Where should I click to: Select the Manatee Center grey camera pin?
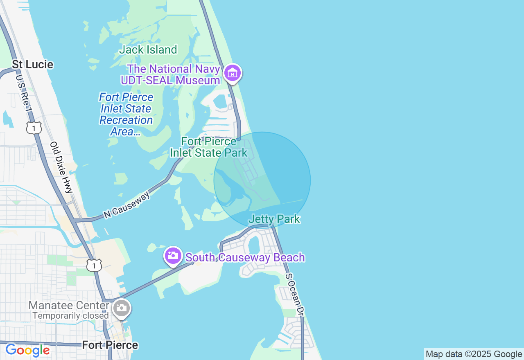[122, 308]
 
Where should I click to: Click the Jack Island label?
[148, 50]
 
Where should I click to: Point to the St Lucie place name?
[32, 64]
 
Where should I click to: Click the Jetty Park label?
[274, 219]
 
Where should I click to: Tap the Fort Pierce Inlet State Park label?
[209, 147]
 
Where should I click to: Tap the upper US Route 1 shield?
[34, 128]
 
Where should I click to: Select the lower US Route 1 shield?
[94, 265]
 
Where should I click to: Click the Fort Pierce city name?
[110, 345]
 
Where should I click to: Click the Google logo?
[27, 350]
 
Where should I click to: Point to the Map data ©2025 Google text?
[474, 354]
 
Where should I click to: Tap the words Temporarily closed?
[70, 316]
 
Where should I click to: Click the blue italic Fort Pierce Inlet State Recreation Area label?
[126, 115]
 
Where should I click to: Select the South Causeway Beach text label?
[245, 257]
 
